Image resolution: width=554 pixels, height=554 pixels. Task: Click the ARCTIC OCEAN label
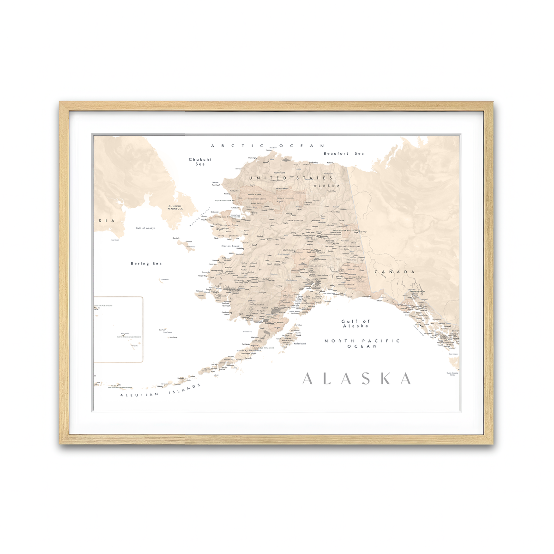[x=268, y=146]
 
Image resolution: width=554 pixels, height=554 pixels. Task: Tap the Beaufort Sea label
[x=343, y=153]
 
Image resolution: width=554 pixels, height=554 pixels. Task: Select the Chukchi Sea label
[x=200, y=162]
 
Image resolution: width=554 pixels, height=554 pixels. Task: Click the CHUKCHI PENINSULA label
[x=175, y=208]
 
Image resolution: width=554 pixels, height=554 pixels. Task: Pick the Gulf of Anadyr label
[x=145, y=228]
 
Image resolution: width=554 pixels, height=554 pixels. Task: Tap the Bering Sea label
[x=146, y=264]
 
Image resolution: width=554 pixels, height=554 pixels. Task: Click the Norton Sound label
[x=231, y=246]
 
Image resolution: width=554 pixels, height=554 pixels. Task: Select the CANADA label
[x=395, y=272]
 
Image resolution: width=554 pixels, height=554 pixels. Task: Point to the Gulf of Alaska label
[x=355, y=324]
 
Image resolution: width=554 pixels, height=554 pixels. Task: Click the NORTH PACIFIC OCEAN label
[x=362, y=343]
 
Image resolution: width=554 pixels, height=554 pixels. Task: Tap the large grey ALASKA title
[x=357, y=379]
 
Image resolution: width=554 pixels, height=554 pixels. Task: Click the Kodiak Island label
[x=300, y=343]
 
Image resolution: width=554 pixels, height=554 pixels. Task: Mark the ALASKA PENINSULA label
[x=249, y=350]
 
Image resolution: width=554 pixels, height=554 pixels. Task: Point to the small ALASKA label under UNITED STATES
[x=327, y=186]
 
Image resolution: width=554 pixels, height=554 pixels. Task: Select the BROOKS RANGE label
[x=282, y=188]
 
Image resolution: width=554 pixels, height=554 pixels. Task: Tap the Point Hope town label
[x=215, y=185]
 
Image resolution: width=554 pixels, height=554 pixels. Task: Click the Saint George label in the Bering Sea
[x=173, y=337]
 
